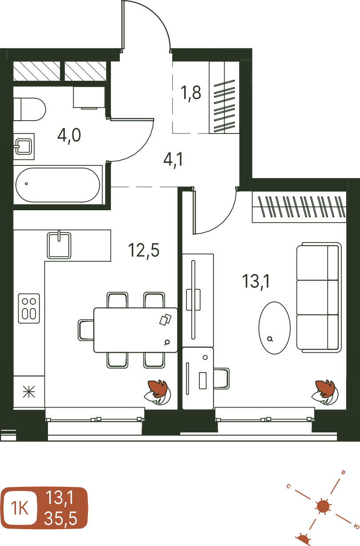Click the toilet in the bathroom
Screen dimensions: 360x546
click(29, 109)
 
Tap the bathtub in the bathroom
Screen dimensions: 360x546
click(58, 185)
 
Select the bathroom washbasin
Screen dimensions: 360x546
click(24, 146)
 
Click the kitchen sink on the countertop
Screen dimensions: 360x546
click(59, 245)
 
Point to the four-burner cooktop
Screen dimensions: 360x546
click(29, 308)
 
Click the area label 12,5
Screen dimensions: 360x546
click(144, 250)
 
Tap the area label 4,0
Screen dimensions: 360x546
click(69, 136)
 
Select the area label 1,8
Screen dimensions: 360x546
click(191, 93)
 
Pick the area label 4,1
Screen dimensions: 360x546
click(173, 160)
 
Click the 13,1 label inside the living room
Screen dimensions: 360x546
click(256, 281)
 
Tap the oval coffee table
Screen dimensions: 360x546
click(274, 328)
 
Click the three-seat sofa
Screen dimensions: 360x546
click(319, 297)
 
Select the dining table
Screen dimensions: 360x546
click(135, 330)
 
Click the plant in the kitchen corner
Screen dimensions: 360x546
click(157, 392)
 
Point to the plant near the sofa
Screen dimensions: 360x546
click(325, 392)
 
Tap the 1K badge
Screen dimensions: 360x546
click(20, 508)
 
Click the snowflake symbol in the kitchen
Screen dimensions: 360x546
click(29, 392)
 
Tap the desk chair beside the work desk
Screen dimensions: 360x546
click(222, 378)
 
